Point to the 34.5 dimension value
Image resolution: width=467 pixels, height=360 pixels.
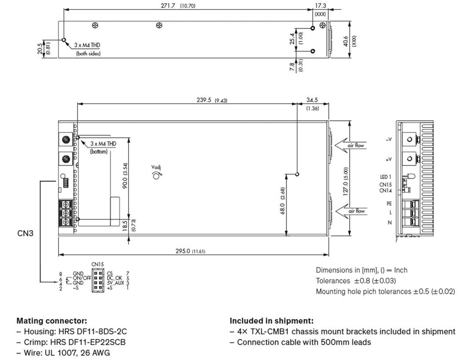312,100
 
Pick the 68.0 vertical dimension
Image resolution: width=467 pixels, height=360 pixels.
283,205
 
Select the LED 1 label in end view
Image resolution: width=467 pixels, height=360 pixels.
385,177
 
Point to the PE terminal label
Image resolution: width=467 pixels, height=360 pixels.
389,204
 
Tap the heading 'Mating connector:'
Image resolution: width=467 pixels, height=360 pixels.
52,321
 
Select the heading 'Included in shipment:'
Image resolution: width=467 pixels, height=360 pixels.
271,321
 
